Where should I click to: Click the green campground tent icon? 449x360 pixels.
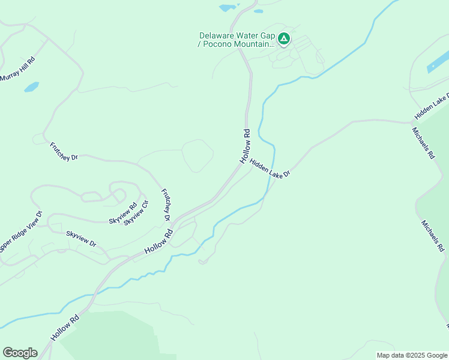pyautogui.click(x=284, y=40)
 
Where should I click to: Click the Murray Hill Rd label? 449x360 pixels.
pyautogui.click(x=18, y=69)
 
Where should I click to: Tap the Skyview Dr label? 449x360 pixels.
pyautogui.click(x=81, y=238)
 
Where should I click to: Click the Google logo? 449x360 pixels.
pyautogui.click(x=20, y=352)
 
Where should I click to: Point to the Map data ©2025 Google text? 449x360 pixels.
pyautogui.click(x=412, y=355)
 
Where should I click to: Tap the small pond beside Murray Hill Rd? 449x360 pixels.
pyautogui.click(x=31, y=87)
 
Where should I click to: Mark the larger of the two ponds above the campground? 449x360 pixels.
pyautogui.click(x=228, y=8)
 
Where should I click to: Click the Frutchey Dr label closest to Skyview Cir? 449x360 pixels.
pyautogui.click(x=166, y=204)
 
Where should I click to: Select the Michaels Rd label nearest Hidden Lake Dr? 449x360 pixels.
pyautogui.click(x=423, y=142)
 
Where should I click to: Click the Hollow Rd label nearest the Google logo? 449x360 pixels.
pyautogui.click(x=65, y=327)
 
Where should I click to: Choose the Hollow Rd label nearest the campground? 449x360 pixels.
pyautogui.click(x=245, y=146)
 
